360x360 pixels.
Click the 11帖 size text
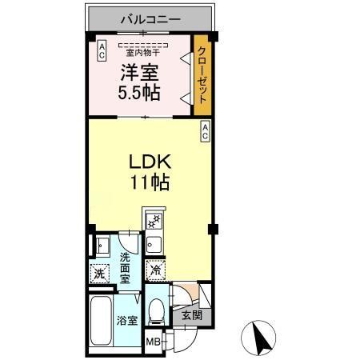coord(150,182)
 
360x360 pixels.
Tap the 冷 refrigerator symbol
coord(154,270)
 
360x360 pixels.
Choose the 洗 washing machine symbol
coord(99,273)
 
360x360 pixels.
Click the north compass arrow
coord(259,335)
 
